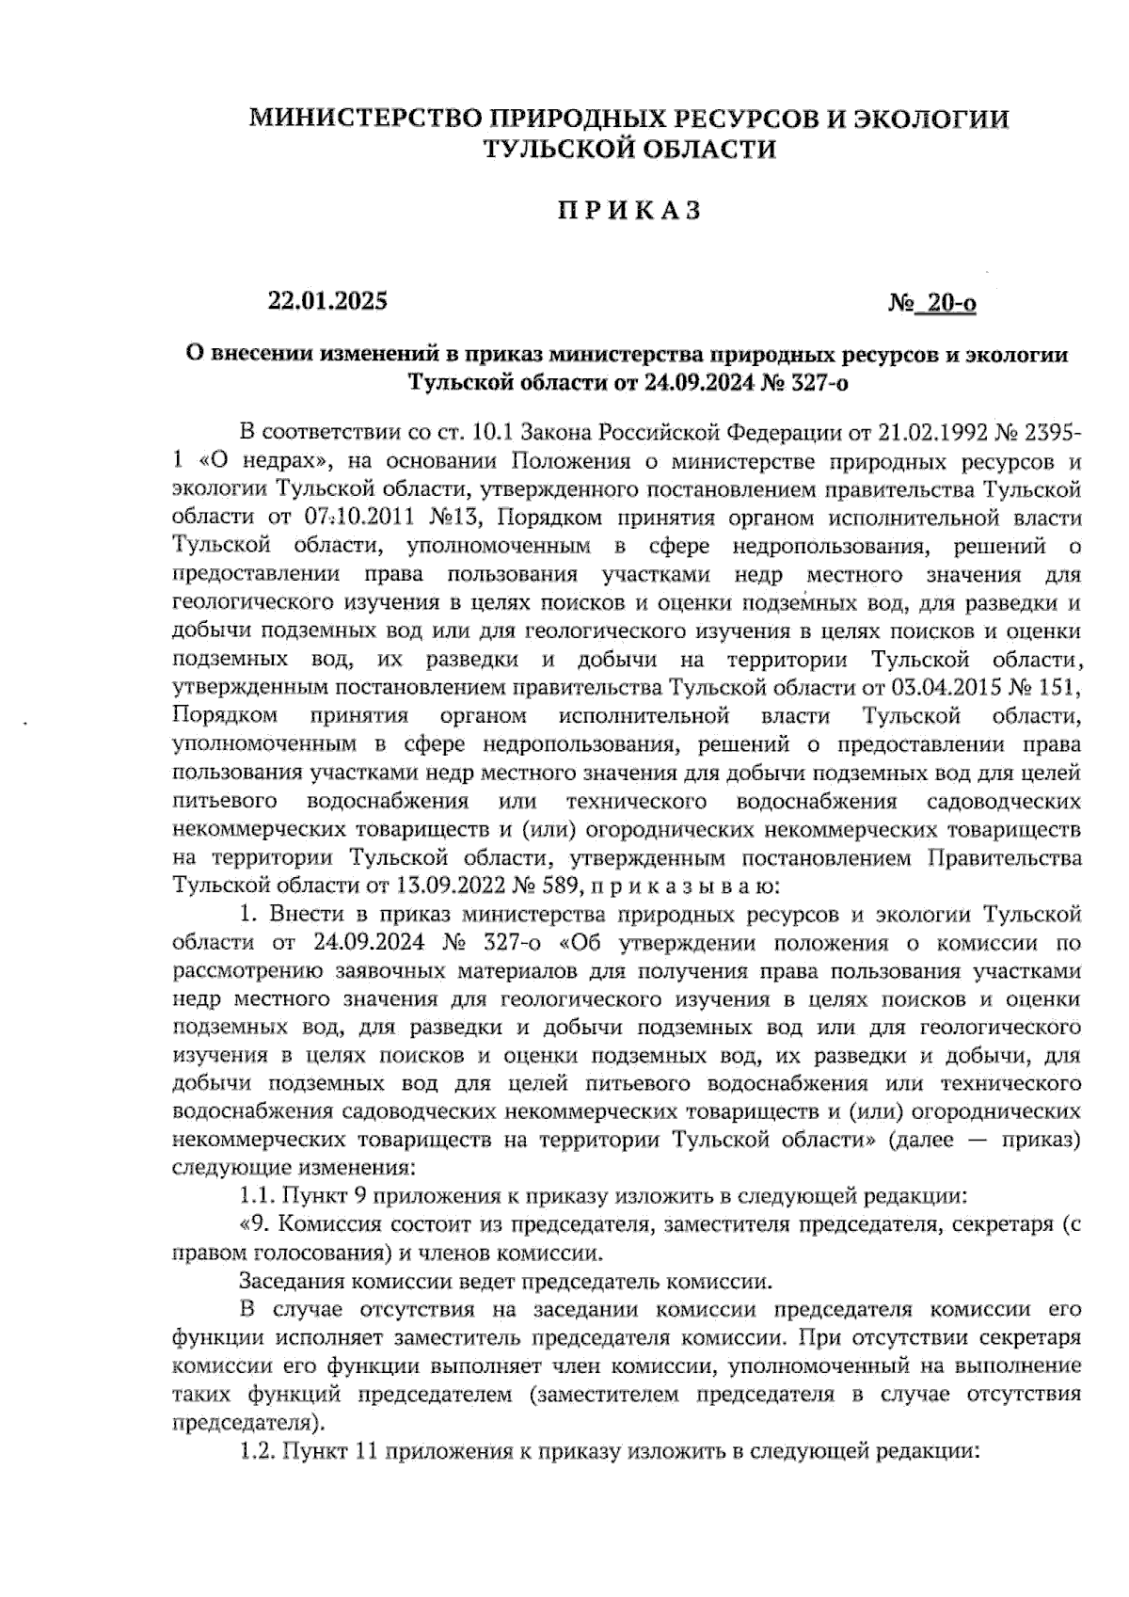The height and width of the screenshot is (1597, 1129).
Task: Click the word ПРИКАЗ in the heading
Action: pyautogui.click(x=627, y=212)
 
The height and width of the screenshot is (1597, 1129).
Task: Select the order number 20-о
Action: pyautogui.click(x=950, y=304)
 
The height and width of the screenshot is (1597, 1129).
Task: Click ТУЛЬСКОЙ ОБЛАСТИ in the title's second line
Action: pyautogui.click(x=628, y=149)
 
